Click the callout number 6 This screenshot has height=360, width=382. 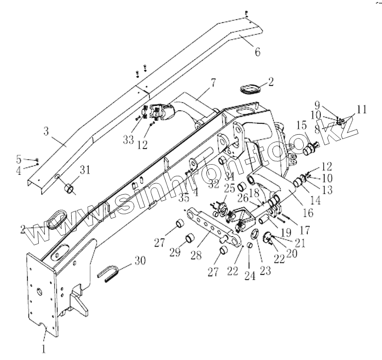(257, 52)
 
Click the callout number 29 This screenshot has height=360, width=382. (175, 252)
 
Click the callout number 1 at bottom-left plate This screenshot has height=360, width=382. (44, 348)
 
